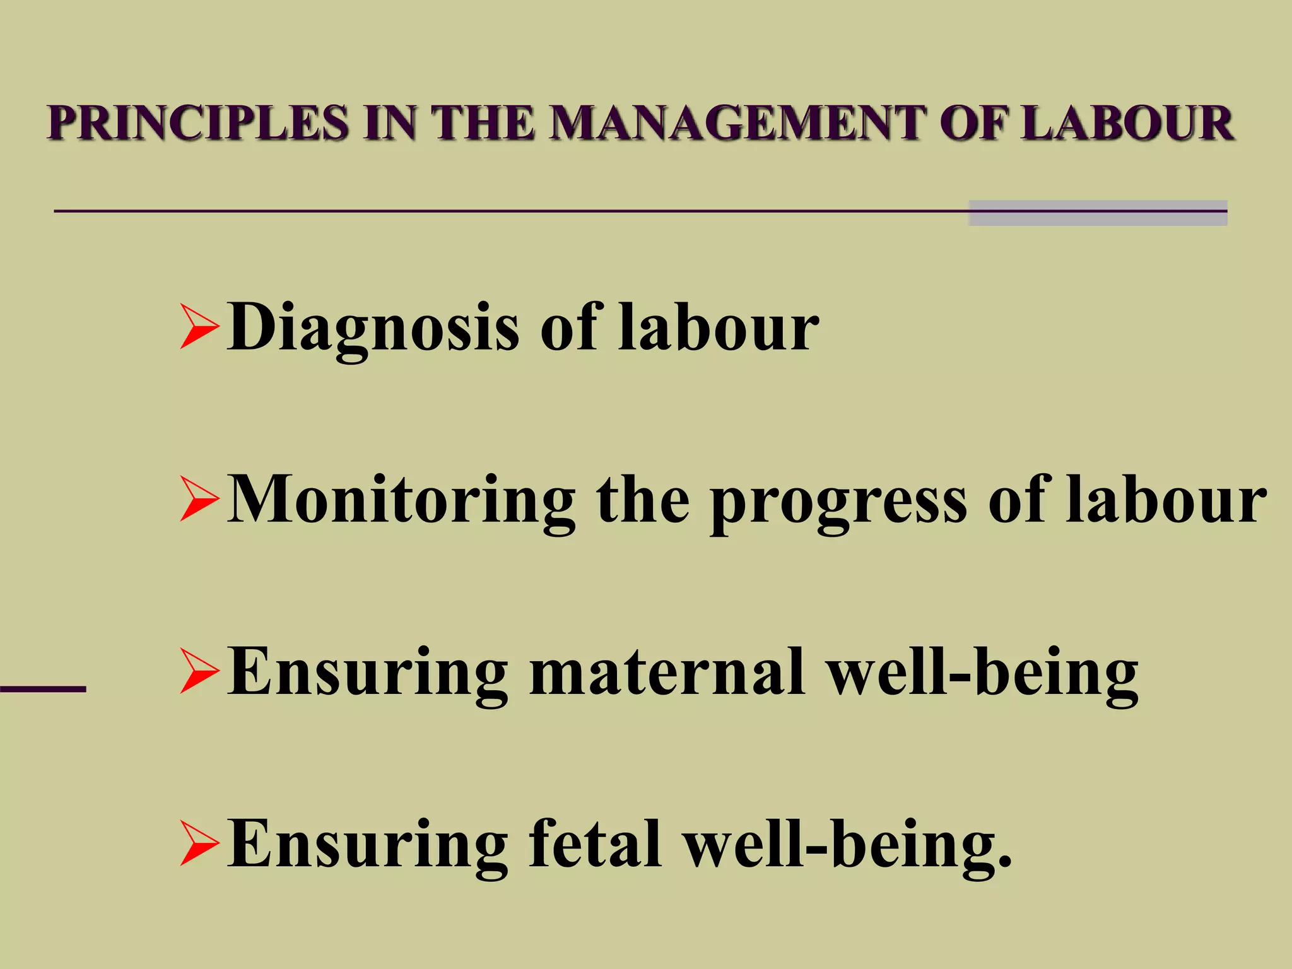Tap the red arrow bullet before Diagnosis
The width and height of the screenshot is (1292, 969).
[x=199, y=327]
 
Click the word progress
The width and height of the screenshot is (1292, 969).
[x=838, y=505]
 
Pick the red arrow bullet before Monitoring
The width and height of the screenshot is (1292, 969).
[x=199, y=499]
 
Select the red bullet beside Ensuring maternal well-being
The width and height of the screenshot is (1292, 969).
[x=199, y=671]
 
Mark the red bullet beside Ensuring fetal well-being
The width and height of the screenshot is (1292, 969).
[x=199, y=843]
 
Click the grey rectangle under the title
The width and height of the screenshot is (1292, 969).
[x=1098, y=213]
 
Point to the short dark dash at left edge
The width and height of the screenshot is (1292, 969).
[x=42, y=689]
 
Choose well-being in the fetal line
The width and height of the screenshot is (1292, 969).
[x=849, y=845]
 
